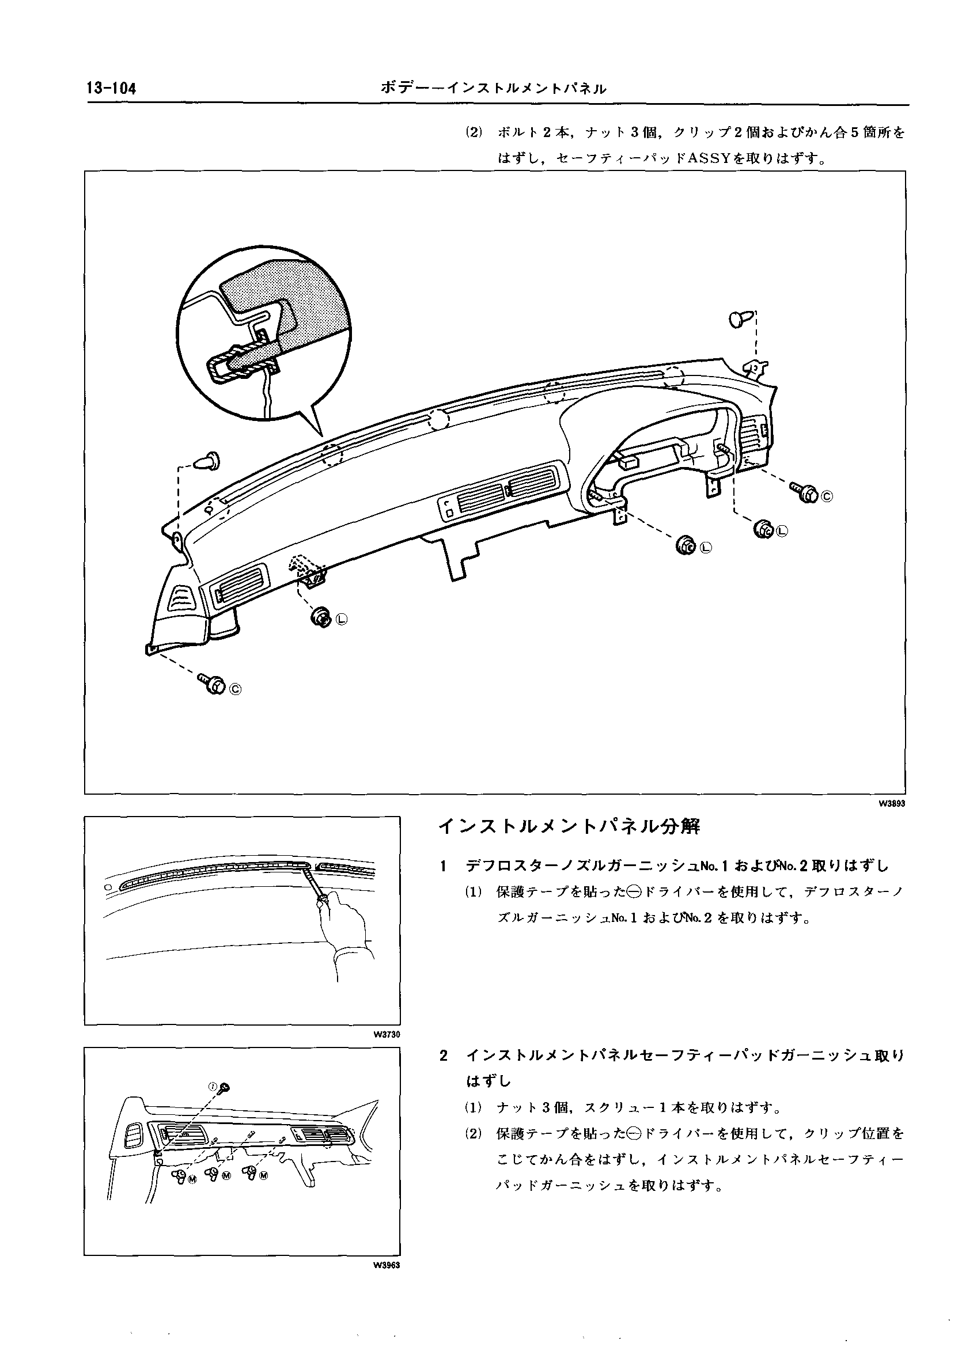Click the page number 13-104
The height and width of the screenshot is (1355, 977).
[112, 89]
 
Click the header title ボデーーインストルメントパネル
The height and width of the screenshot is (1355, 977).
[494, 89]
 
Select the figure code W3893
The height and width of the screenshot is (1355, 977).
[892, 803]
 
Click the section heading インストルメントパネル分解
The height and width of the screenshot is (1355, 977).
[569, 827]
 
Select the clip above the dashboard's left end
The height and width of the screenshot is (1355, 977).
[209, 460]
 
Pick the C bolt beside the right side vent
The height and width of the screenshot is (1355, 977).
[805, 492]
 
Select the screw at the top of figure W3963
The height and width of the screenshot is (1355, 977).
[225, 1087]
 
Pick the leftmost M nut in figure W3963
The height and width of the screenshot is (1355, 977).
[178, 1175]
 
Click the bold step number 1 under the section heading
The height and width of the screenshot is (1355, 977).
[443, 866]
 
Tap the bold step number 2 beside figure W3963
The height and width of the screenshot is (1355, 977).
[443, 1056]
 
